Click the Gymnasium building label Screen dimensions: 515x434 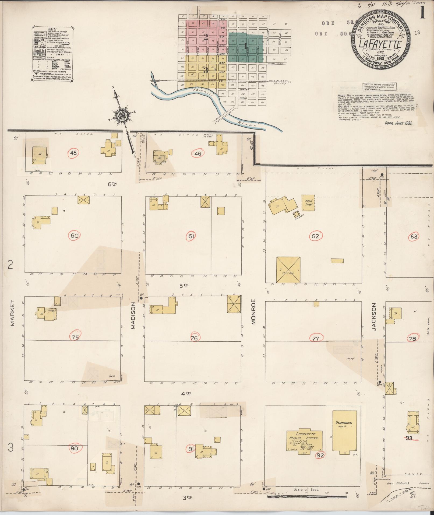(344, 430)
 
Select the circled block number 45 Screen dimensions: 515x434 (73, 153)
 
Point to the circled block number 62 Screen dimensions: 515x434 (315, 236)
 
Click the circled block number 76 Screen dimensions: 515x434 (194, 338)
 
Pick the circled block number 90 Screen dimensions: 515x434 (74, 448)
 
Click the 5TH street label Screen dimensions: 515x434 (185, 285)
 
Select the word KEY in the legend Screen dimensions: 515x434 (52, 29)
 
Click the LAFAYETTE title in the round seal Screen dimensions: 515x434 (380, 44)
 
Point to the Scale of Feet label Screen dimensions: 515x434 (306, 489)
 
